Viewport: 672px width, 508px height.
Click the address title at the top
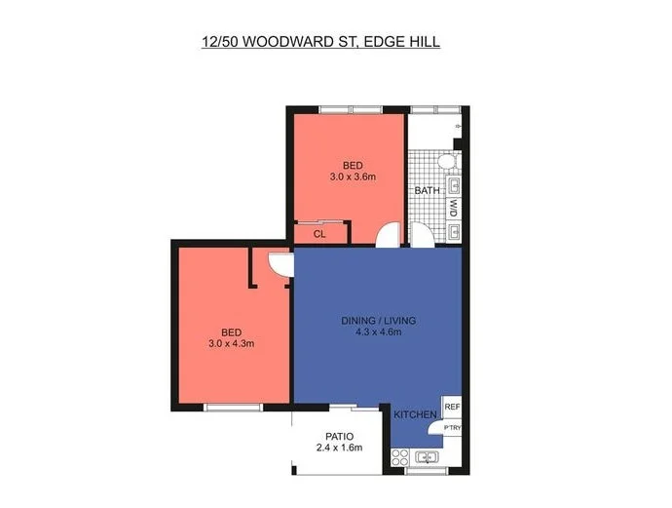tap(319, 43)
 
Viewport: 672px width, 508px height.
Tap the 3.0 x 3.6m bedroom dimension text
tap(352, 176)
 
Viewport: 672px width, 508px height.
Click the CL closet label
tap(318, 234)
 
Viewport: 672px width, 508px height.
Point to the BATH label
tap(427, 191)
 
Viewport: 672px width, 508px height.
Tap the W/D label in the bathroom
tap(454, 208)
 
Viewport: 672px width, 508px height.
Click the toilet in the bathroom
tap(447, 161)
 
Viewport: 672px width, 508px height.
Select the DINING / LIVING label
tap(379, 321)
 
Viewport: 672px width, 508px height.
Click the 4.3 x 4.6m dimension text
tap(379, 333)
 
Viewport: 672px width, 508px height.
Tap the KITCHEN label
tap(415, 415)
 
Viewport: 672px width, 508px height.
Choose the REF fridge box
tap(451, 407)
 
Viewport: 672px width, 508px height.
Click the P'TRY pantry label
tap(452, 427)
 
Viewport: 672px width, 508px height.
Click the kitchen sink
tap(427, 456)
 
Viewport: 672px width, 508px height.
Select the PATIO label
tap(339, 436)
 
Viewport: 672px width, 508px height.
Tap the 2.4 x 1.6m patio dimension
tap(339, 448)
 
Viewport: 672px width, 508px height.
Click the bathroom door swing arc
tap(420, 235)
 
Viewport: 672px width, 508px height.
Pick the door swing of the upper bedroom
tap(389, 235)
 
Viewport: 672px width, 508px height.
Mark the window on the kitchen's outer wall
tap(425, 471)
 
